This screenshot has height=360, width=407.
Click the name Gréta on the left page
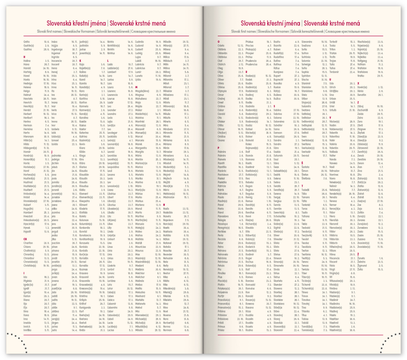(27, 41)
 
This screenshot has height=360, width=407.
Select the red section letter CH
(25, 239)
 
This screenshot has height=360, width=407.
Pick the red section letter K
(80, 60)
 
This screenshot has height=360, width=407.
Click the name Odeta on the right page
(221, 45)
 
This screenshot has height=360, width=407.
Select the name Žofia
(360, 269)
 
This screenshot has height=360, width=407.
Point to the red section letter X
(358, 83)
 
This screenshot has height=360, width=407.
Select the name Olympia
(223, 91)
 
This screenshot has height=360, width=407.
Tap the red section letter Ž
(358, 254)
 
